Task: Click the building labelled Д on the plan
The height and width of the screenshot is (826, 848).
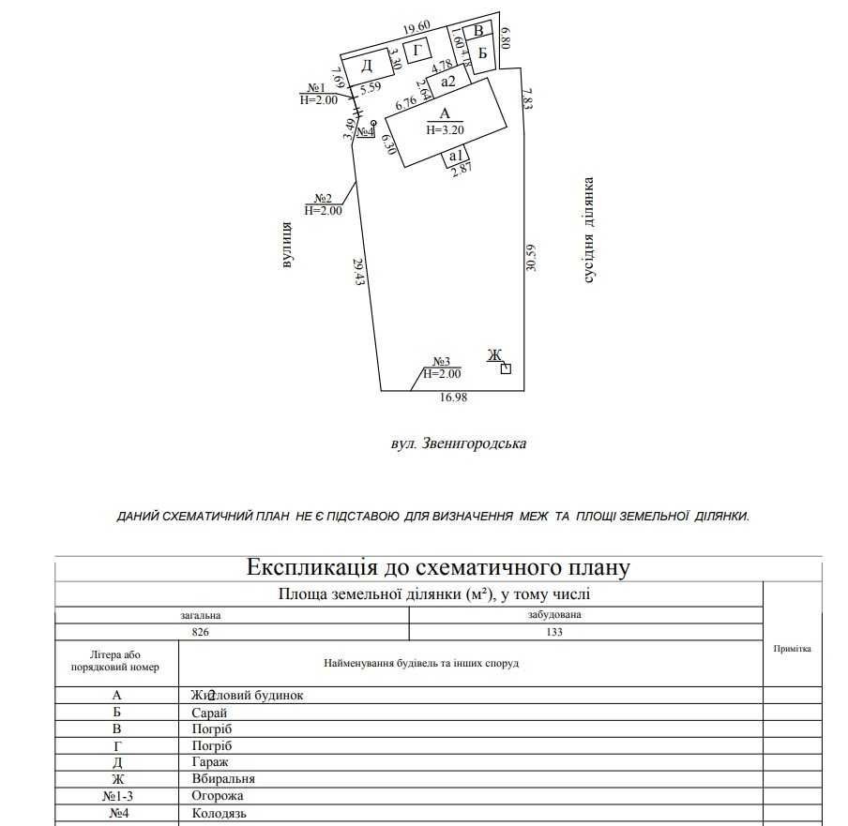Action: click(x=367, y=67)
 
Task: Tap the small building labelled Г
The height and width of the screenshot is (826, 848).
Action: click(x=418, y=50)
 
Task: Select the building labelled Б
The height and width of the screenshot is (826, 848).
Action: click(x=482, y=53)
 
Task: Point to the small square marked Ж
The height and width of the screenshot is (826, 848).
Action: click(x=506, y=368)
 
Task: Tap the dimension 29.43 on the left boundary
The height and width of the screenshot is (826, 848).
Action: click(x=359, y=272)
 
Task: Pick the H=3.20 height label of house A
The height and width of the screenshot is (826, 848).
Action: click(x=445, y=130)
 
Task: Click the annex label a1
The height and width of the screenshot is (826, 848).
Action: click(x=456, y=156)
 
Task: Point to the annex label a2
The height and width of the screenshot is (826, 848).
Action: click(x=447, y=82)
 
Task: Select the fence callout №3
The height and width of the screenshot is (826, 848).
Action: click(x=442, y=362)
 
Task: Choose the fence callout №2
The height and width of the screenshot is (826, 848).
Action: click(x=325, y=199)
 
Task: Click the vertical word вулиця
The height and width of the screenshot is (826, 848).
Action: click(x=287, y=246)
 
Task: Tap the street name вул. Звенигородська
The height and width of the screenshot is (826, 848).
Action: click(x=458, y=443)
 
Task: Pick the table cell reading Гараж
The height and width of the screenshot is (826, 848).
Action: click(x=209, y=762)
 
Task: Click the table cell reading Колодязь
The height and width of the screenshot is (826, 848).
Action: click(x=219, y=813)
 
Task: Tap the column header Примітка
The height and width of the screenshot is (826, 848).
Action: click(x=792, y=649)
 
